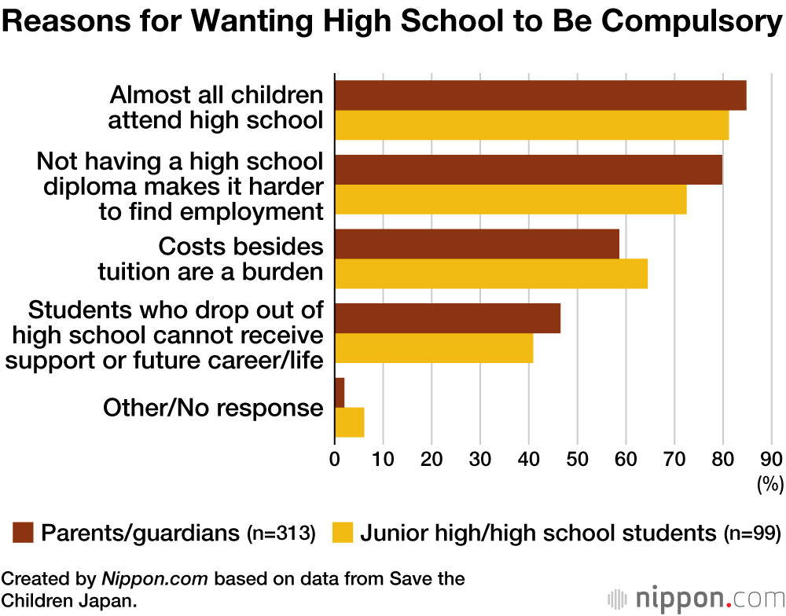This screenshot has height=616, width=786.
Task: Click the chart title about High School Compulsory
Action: [x=392, y=23]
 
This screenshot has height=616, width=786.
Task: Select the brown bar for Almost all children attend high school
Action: [x=540, y=95]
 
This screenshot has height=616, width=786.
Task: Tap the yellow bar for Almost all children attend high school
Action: [x=531, y=125]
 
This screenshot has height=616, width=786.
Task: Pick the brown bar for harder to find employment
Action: [x=528, y=170]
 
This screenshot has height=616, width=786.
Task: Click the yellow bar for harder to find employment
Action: [x=510, y=199]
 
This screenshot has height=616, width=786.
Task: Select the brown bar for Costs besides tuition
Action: [x=477, y=244]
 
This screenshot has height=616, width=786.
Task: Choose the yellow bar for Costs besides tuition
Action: [x=491, y=273]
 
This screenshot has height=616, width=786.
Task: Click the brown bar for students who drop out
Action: [x=447, y=318]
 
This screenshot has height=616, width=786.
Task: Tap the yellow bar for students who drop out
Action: [x=434, y=347]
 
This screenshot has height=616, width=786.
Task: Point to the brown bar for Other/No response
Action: [x=340, y=392]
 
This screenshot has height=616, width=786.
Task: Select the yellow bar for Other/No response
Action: [x=349, y=422]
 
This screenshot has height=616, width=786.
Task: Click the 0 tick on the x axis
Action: [x=335, y=459]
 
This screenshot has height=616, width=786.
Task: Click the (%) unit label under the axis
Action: [x=770, y=486]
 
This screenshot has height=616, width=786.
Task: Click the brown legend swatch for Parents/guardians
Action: [x=23, y=533]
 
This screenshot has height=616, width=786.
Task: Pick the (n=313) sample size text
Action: [x=281, y=534]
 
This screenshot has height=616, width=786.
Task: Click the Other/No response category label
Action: [x=213, y=407]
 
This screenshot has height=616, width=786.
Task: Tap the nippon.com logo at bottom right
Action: [x=696, y=599]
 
